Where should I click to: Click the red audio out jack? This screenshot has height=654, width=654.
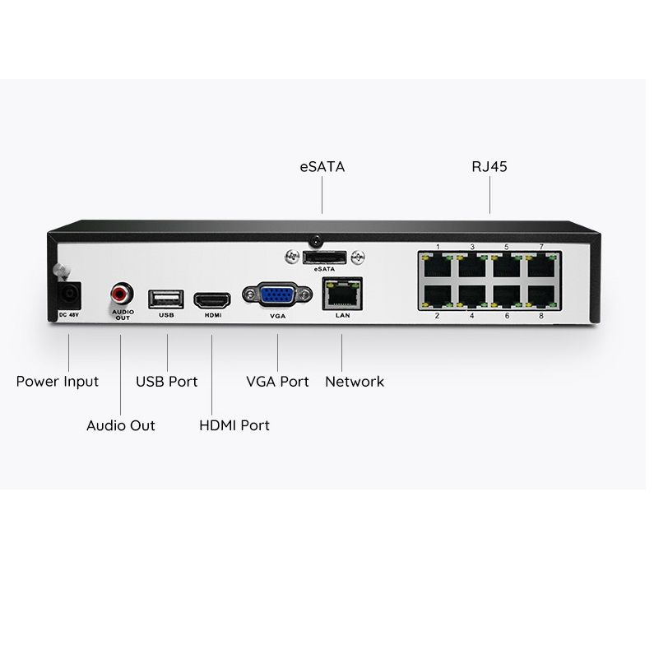click(x=122, y=294)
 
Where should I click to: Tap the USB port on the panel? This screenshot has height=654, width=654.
click(x=166, y=299)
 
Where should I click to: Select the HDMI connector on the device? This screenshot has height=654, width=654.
click(x=212, y=301)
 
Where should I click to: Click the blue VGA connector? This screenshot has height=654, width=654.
click(x=277, y=295)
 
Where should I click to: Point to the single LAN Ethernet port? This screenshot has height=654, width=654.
click(x=342, y=294)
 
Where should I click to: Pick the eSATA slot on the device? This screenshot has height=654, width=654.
click(x=324, y=257)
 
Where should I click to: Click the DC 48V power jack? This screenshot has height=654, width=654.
click(x=69, y=295)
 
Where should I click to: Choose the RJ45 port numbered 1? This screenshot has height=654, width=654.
click(x=438, y=266)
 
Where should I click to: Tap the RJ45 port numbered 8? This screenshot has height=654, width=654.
click(x=541, y=296)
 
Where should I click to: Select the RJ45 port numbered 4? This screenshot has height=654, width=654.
click(x=472, y=296)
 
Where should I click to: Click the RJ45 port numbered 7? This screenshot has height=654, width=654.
click(x=541, y=266)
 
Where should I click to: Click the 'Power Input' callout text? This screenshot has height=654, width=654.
click(x=57, y=382)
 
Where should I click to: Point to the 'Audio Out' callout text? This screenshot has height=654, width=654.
click(x=121, y=425)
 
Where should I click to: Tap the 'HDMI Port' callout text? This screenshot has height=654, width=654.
click(x=234, y=425)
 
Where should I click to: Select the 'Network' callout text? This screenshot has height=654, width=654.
click(x=355, y=382)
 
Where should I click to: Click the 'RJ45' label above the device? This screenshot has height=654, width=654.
click(x=489, y=167)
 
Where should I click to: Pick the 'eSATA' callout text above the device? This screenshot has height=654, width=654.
click(x=322, y=167)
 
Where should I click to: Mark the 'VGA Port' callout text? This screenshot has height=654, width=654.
click(x=277, y=382)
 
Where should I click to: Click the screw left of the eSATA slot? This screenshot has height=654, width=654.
click(x=292, y=257)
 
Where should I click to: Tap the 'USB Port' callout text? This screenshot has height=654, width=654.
click(x=167, y=382)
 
